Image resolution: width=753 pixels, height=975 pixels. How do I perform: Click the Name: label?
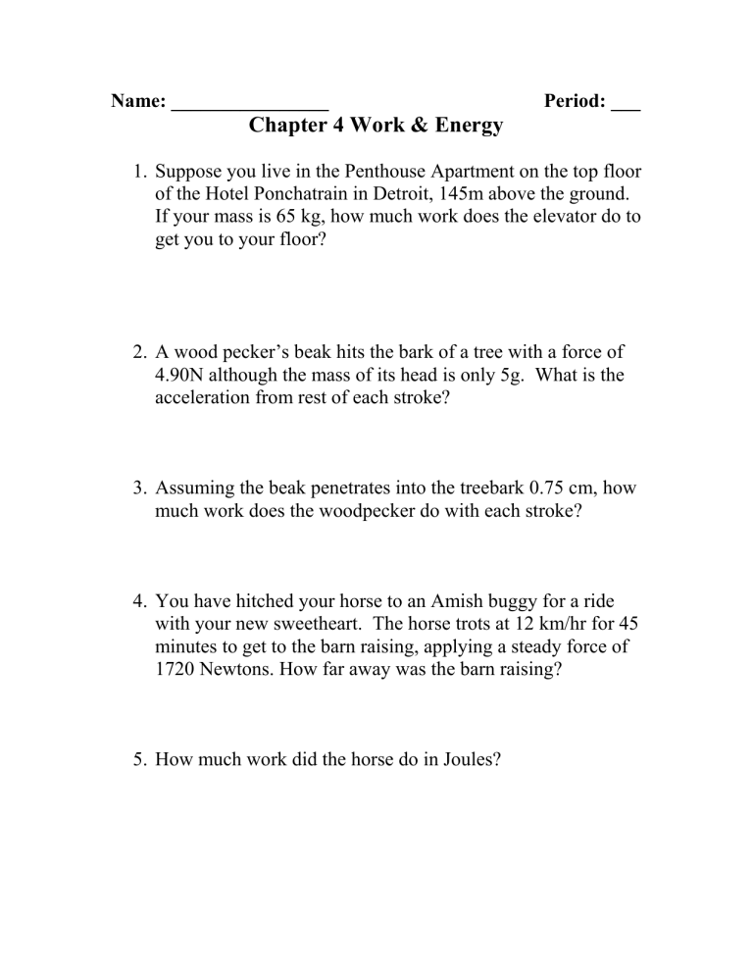[x=138, y=102]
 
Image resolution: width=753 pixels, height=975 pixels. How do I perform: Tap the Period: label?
[x=574, y=102]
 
